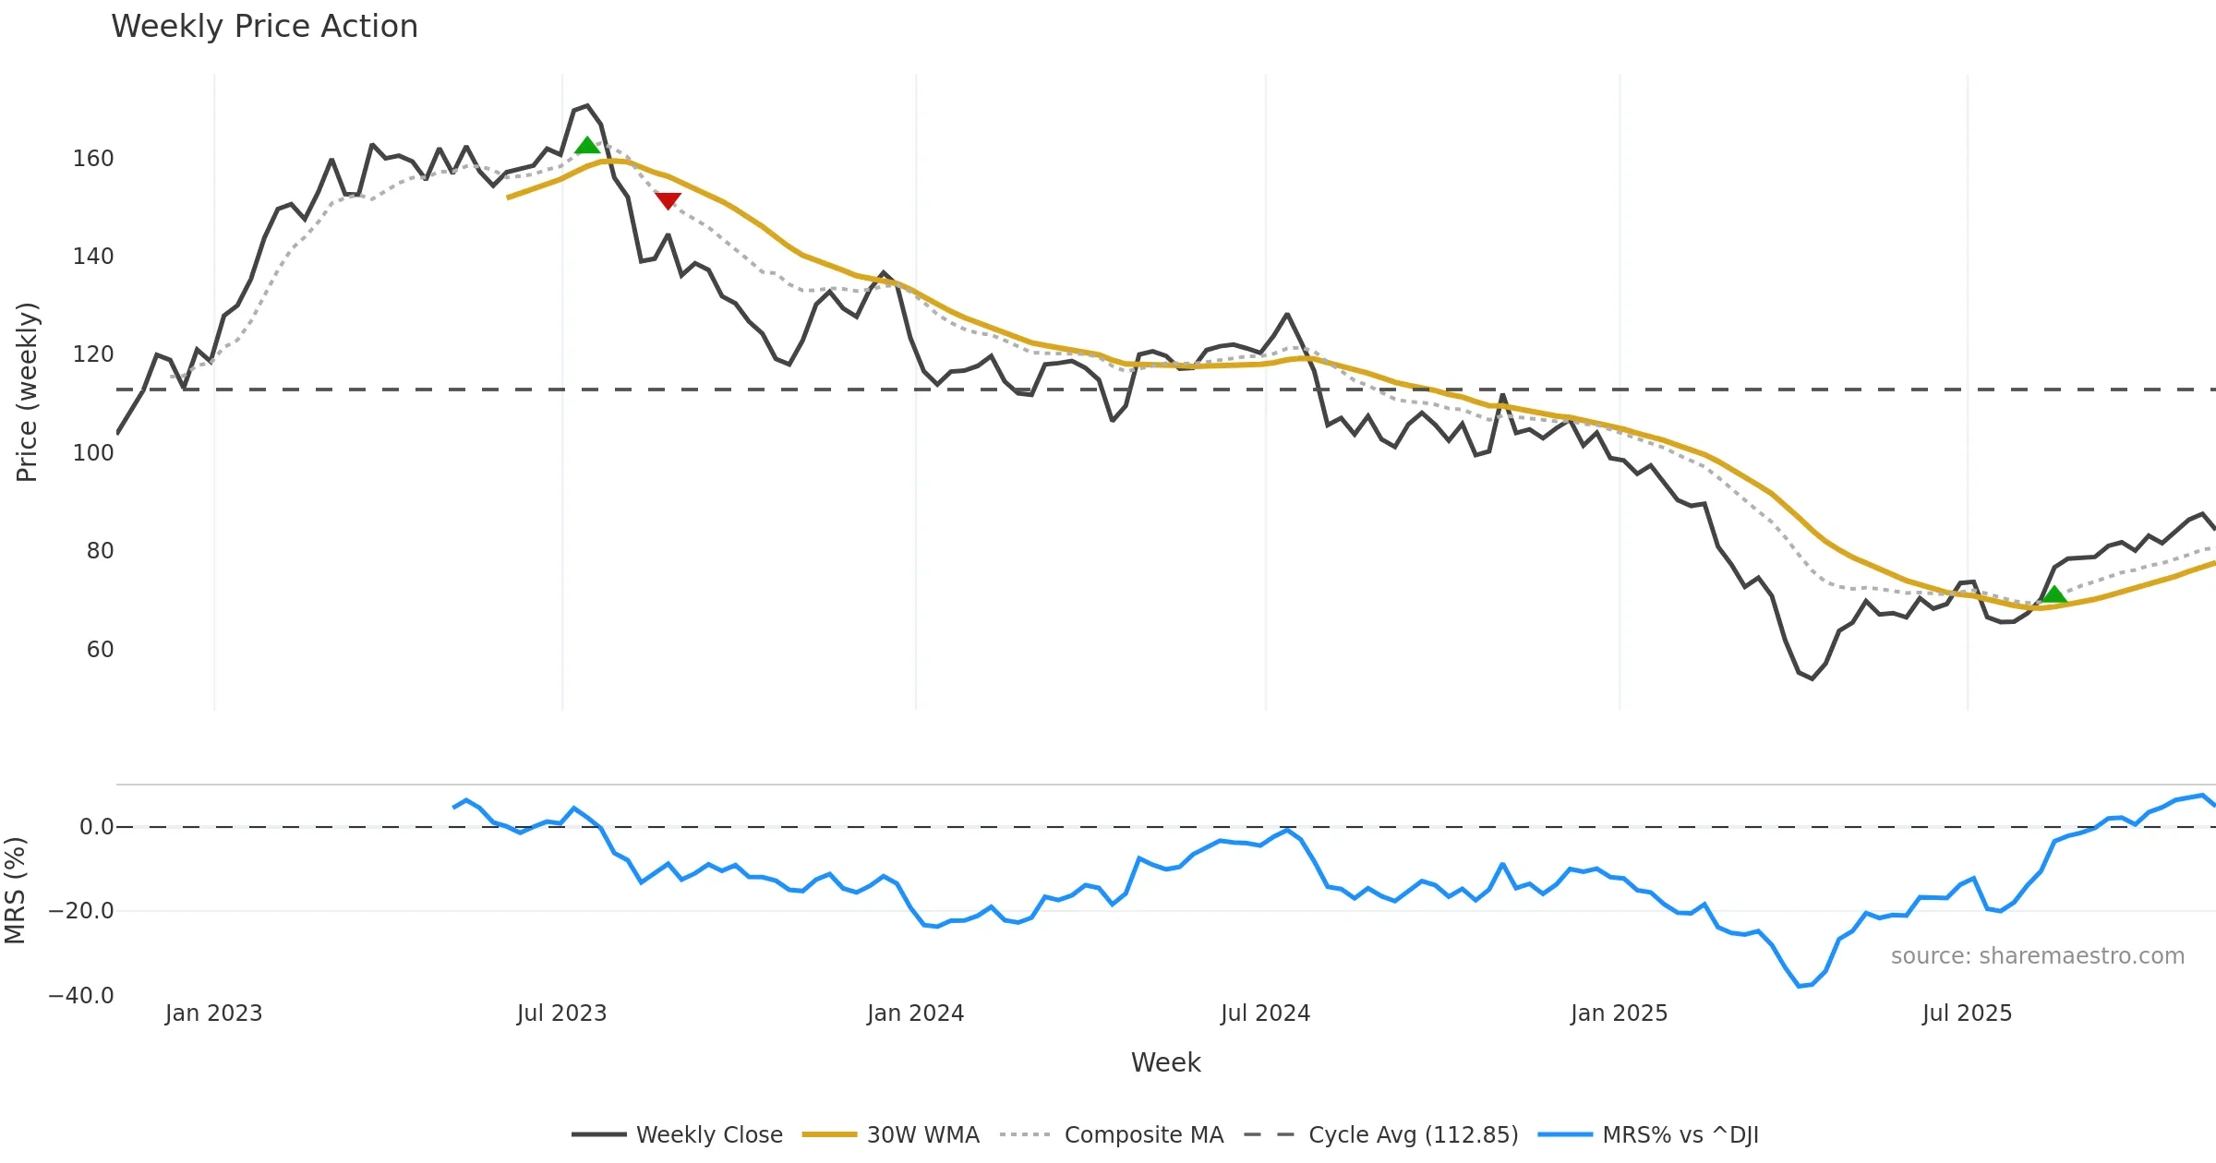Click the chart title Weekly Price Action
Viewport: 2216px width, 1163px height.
pyautogui.click(x=264, y=27)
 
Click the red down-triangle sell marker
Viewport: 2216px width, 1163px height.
pyautogui.click(x=668, y=200)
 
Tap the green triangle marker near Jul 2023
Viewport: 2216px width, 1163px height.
pyautogui.click(x=587, y=146)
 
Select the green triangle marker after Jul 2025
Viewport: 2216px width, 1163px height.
pyautogui.click(x=2053, y=594)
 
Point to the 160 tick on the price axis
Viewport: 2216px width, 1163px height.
pyautogui.click(x=93, y=159)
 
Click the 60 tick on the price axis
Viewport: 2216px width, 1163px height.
pyautogui.click(x=100, y=650)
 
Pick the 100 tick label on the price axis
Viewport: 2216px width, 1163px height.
pyautogui.click(x=93, y=453)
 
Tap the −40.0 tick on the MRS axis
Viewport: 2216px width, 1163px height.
pyautogui.click(x=81, y=996)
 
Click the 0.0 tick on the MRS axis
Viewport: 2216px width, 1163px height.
pyautogui.click(x=96, y=827)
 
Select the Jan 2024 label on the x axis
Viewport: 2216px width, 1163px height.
pyautogui.click(x=915, y=1013)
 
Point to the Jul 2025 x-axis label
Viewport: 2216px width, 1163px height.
pyautogui.click(x=1967, y=1013)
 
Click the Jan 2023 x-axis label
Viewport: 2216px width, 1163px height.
pyautogui.click(x=213, y=1013)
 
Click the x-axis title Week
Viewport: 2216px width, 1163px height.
pyautogui.click(x=1165, y=1063)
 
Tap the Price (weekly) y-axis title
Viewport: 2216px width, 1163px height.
pyautogui.click(x=27, y=392)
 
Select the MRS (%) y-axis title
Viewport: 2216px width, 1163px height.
pyautogui.click(x=15, y=890)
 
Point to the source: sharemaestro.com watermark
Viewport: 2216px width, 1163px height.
pyautogui.click(x=2037, y=956)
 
